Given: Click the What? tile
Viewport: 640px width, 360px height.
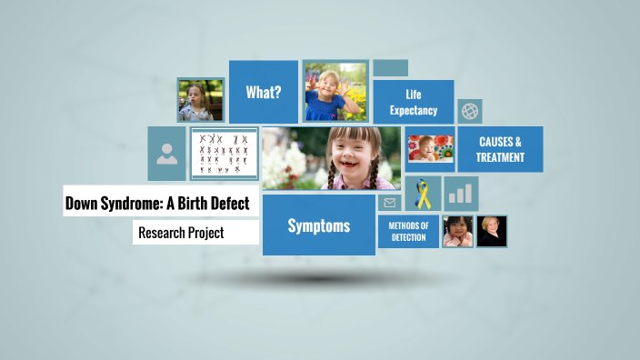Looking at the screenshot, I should click(x=263, y=92).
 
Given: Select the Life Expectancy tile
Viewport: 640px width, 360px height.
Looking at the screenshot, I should click(x=414, y=102).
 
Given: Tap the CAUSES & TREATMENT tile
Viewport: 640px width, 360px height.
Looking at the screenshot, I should click(x=500, y=149).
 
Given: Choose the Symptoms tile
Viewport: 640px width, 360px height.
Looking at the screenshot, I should click(x=318, y=225).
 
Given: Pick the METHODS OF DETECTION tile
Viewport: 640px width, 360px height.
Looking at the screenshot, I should click(x=408, y=231).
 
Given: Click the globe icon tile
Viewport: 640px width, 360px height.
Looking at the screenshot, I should click(x=470, y=111).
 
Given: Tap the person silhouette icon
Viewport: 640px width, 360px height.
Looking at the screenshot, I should click(x=167, y=154).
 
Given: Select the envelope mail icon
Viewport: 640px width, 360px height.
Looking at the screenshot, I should click(x=390, y=203).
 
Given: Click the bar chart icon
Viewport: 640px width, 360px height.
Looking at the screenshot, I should click(x=461, y=193).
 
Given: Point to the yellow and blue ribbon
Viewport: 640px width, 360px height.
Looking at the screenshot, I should click(x=423, y=194).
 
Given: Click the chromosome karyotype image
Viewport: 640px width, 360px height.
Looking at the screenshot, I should click(x=225, y=154).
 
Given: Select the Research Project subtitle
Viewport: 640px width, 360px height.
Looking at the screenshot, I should click(x=181, y=233).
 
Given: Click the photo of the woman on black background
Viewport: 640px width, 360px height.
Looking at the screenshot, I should click(x=492, y=232).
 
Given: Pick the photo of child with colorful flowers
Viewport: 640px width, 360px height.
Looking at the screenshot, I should click(x=429, y=149).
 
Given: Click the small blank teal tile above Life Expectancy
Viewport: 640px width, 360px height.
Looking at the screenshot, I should click(x=390, y=68).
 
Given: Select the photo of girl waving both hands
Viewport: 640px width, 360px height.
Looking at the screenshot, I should click(x=335, y=92).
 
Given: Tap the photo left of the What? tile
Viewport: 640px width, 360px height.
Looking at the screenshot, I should click(x=200, y=100).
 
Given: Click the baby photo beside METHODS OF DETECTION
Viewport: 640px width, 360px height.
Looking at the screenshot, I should click(x=457, y=232).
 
